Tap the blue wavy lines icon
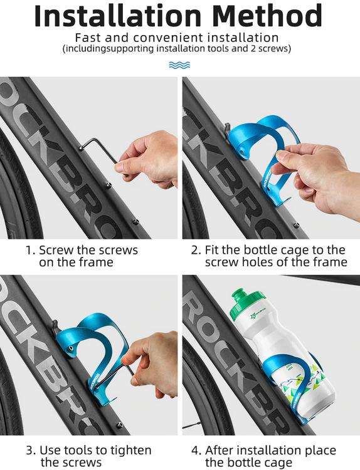tap(179, 65)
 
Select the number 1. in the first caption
tap(31, 250)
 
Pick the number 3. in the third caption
tap(31, 450)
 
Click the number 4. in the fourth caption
tap(196, 450)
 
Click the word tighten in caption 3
tap(131, 451)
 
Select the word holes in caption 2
tap(259, 262)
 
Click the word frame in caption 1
tap(97, 262)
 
